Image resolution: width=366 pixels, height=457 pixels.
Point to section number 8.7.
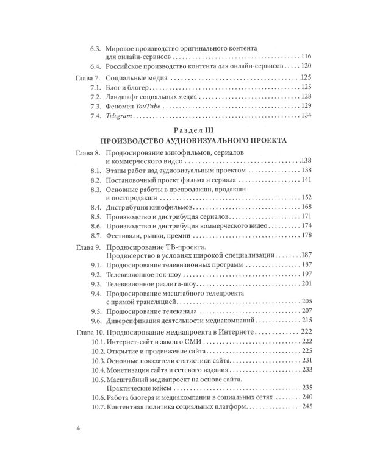click(96, 235)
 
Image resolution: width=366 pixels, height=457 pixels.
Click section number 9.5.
click(96, 311)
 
